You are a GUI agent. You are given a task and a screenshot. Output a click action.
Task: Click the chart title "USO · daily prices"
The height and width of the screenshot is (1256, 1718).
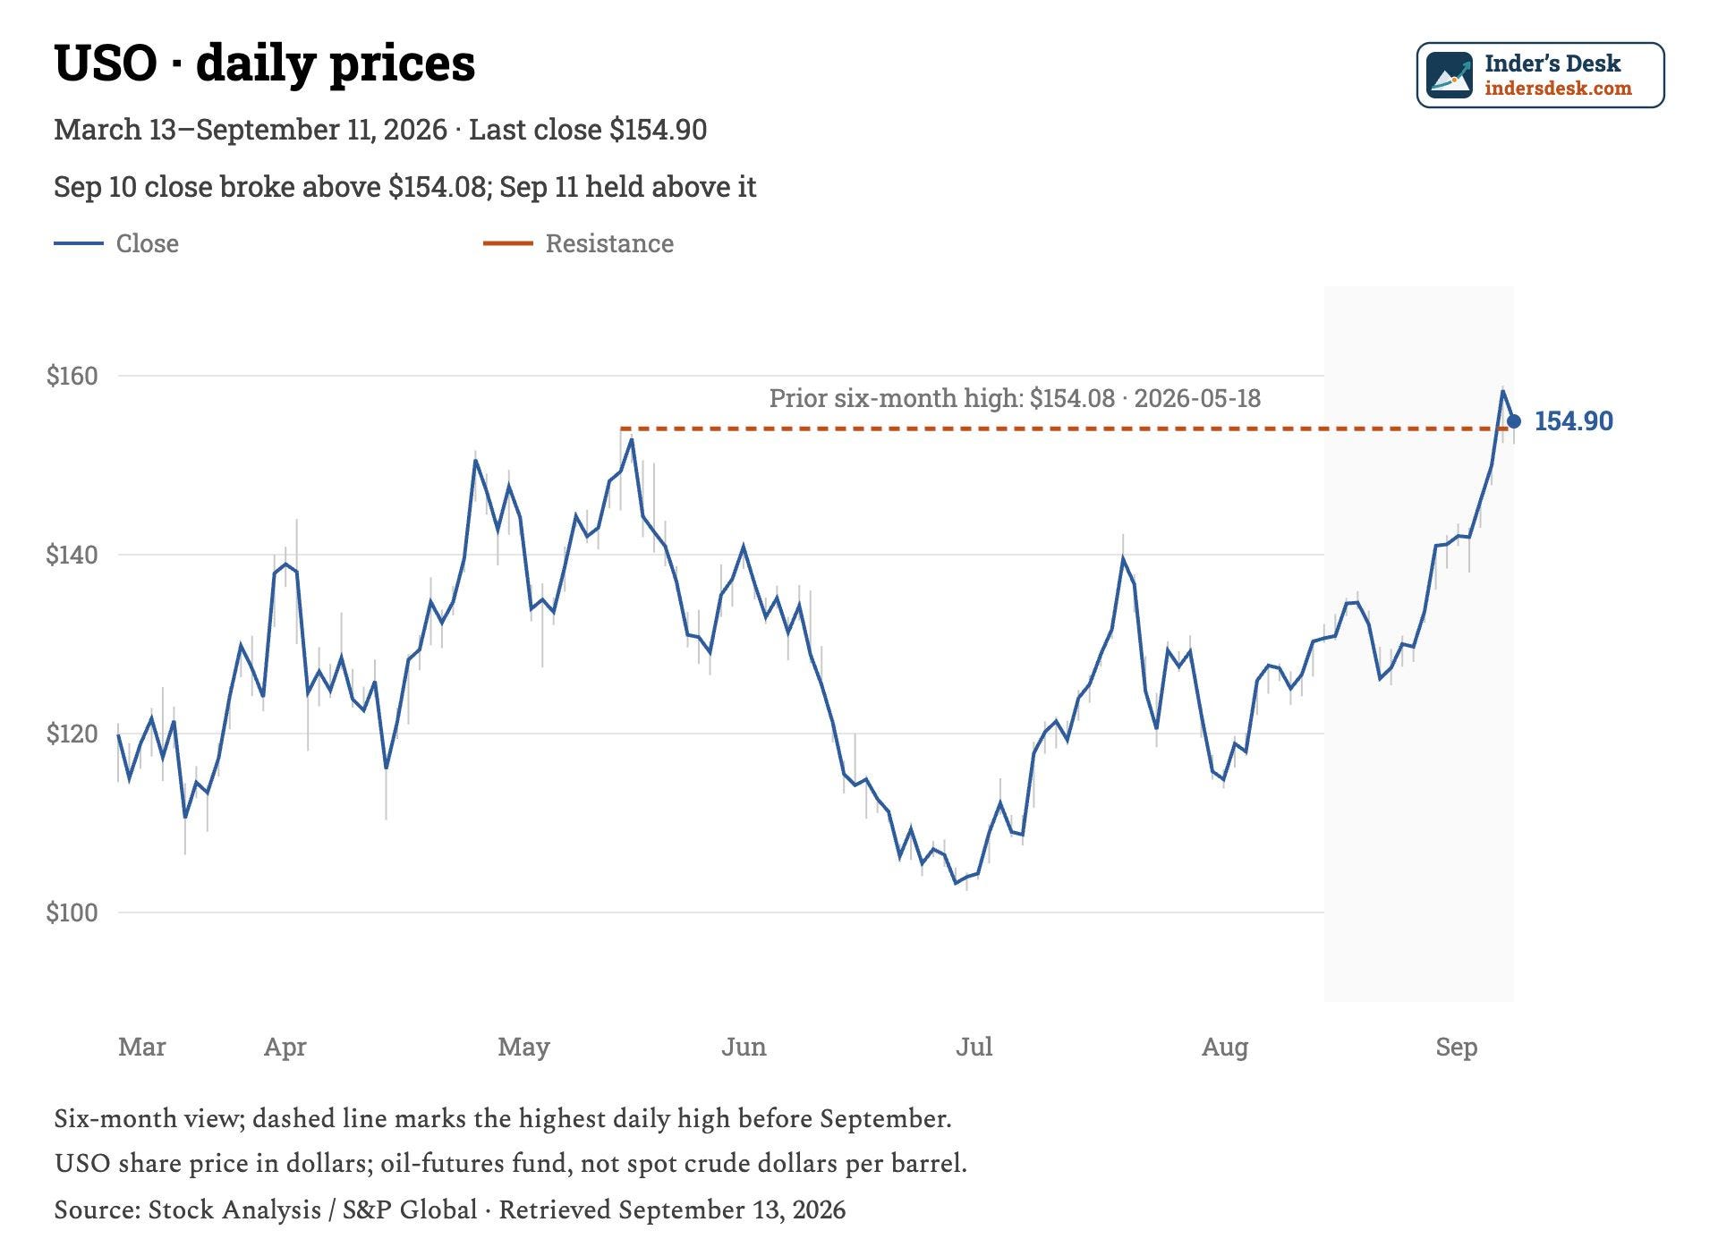click(265, 64)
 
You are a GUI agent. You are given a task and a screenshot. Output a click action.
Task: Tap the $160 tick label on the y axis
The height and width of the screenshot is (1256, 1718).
click(72, 376)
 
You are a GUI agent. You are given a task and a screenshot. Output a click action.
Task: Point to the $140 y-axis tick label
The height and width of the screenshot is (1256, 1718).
click(72, 555)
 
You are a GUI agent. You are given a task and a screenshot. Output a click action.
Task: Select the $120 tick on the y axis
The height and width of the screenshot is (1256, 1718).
click(72, 734)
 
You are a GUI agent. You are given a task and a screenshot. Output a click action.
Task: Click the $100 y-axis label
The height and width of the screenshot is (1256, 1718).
click(72, 912)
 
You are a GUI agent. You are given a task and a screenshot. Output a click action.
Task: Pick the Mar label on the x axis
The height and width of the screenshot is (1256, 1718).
click(142, 1047)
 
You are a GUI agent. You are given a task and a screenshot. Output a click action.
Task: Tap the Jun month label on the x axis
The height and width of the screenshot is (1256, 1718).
click(744, 1047)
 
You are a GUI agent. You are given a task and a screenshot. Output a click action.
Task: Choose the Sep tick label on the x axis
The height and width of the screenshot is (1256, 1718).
click(1457, 1047)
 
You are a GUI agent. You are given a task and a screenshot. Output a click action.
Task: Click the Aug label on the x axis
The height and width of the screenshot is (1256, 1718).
click(1225, 1047)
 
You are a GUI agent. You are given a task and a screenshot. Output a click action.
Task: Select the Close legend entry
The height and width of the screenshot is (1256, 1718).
click(116, 243)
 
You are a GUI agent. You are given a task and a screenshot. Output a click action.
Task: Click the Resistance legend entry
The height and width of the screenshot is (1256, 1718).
click(578, 243)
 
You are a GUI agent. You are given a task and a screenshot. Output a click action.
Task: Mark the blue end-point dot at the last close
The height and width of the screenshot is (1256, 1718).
click(1514, 421)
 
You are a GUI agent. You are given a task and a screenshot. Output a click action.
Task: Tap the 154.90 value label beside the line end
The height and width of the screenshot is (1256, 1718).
click(1574, 421)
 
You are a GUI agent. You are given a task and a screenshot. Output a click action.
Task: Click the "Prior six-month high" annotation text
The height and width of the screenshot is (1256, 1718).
click(896, 398)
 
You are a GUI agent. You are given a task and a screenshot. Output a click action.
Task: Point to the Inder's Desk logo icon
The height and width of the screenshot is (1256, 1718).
click(1450, 75)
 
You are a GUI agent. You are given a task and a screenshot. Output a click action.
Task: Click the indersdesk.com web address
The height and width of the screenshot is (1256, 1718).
click(1558, 89)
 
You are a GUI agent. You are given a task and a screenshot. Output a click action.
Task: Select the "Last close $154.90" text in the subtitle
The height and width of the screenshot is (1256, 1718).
click(588, 130)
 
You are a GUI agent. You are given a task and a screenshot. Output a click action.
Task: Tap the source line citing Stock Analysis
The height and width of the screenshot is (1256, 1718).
click(449, 1209)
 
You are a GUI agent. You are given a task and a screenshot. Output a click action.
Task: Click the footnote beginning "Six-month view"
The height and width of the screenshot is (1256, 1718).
click(503, 1118)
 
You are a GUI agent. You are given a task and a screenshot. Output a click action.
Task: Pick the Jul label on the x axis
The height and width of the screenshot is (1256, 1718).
click(974, 1047)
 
